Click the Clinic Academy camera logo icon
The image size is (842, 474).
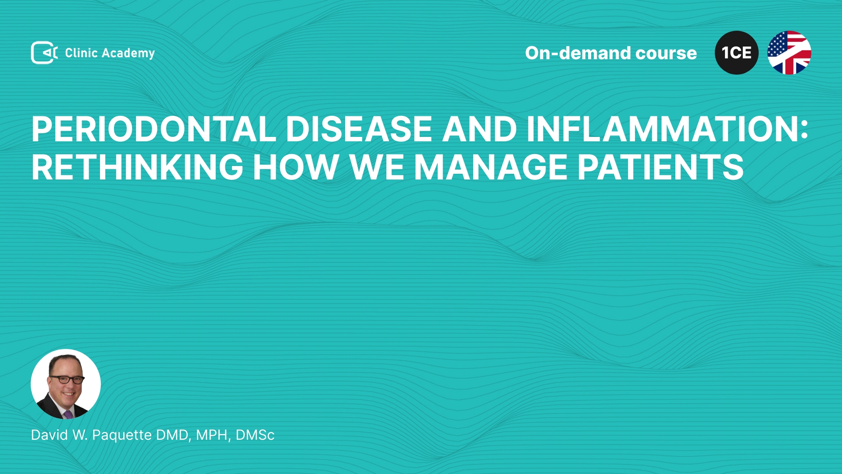coord(44,53)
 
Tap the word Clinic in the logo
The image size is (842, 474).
coord(81,53)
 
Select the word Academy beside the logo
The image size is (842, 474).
coord(128,54)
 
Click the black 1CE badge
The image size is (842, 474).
coord(737,53)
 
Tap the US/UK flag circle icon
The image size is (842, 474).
coord(789,53)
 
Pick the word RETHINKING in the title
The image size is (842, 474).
coord(137,167)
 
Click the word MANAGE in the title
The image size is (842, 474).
coord(491,167)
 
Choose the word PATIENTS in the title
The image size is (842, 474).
coord(660,167)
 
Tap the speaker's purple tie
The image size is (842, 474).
coord(68,414)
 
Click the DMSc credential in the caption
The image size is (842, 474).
coord(255,435)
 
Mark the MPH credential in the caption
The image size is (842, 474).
coord(213,435)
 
